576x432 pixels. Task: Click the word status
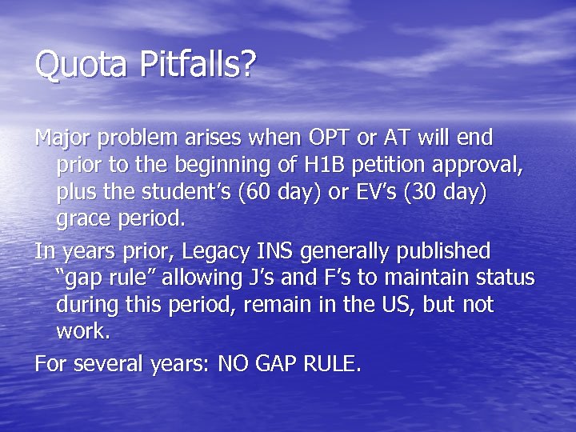[506, 278]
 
